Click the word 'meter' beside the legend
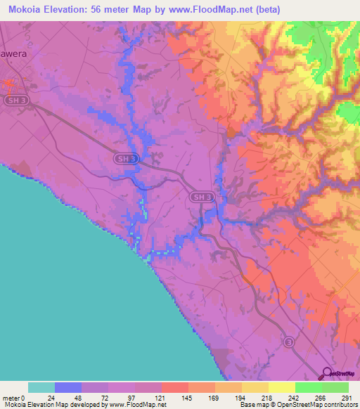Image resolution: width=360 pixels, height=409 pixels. click(x=10, y=398)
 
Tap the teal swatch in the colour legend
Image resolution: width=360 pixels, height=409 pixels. click(x=41, y=387)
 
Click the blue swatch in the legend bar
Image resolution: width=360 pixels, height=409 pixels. click(x=68, y=387)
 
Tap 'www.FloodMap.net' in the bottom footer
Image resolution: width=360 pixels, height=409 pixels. click(x=136, y=405)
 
